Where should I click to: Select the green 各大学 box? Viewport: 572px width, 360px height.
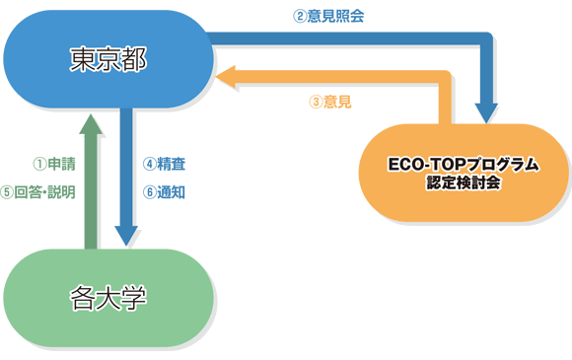point(108,296)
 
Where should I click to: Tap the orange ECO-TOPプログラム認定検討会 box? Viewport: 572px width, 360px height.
point(464,172)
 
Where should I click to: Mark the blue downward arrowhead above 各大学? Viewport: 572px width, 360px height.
point(126,235)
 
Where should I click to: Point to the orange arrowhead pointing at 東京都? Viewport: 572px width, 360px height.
point(229,78)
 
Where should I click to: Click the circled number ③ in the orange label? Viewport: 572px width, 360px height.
point(316,101)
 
